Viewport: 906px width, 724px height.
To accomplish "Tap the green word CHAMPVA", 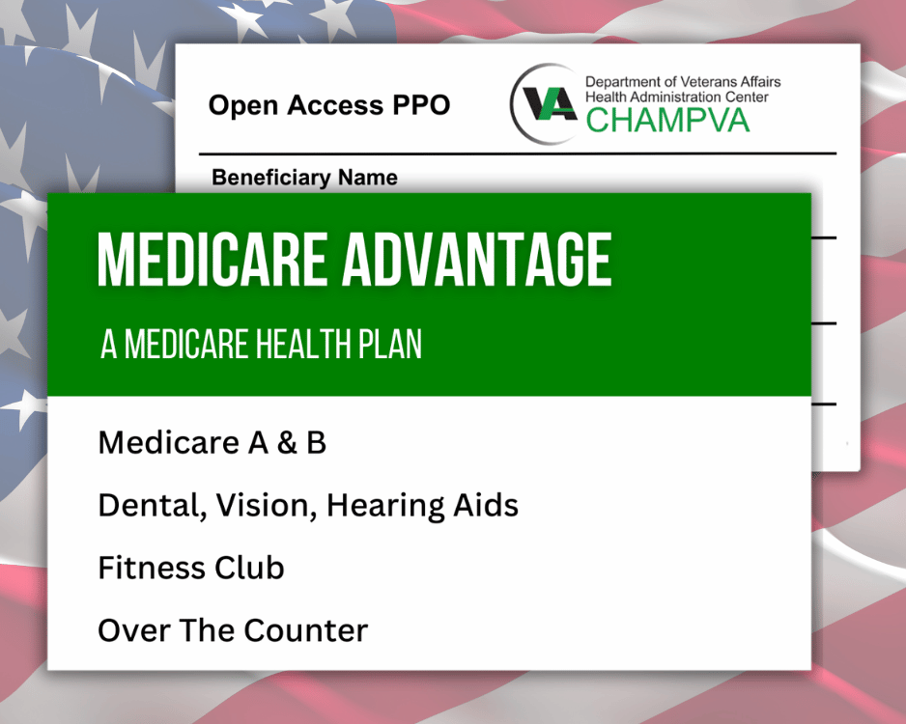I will coord(667,121).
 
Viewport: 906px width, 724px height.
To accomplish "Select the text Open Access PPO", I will coord(329,105).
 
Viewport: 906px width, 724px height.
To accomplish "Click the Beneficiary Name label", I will coord(304,178).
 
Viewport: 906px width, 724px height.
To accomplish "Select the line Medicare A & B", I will coord(212,443).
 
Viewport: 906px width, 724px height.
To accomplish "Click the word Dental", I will coord(145,505).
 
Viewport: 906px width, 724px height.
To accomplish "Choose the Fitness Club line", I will coord(191,568).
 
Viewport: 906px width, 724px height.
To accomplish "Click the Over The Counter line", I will coord(233,630).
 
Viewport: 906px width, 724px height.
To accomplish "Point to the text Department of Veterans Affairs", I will coord(683,82).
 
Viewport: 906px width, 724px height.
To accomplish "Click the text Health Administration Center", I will coord(677,97).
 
